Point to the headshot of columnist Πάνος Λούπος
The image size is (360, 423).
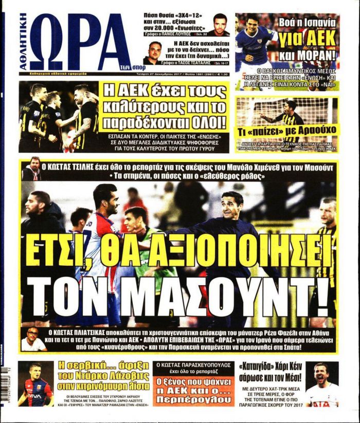tap(220, 24)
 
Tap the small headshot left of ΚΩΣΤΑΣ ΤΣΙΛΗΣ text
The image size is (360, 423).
tap(31, 168)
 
